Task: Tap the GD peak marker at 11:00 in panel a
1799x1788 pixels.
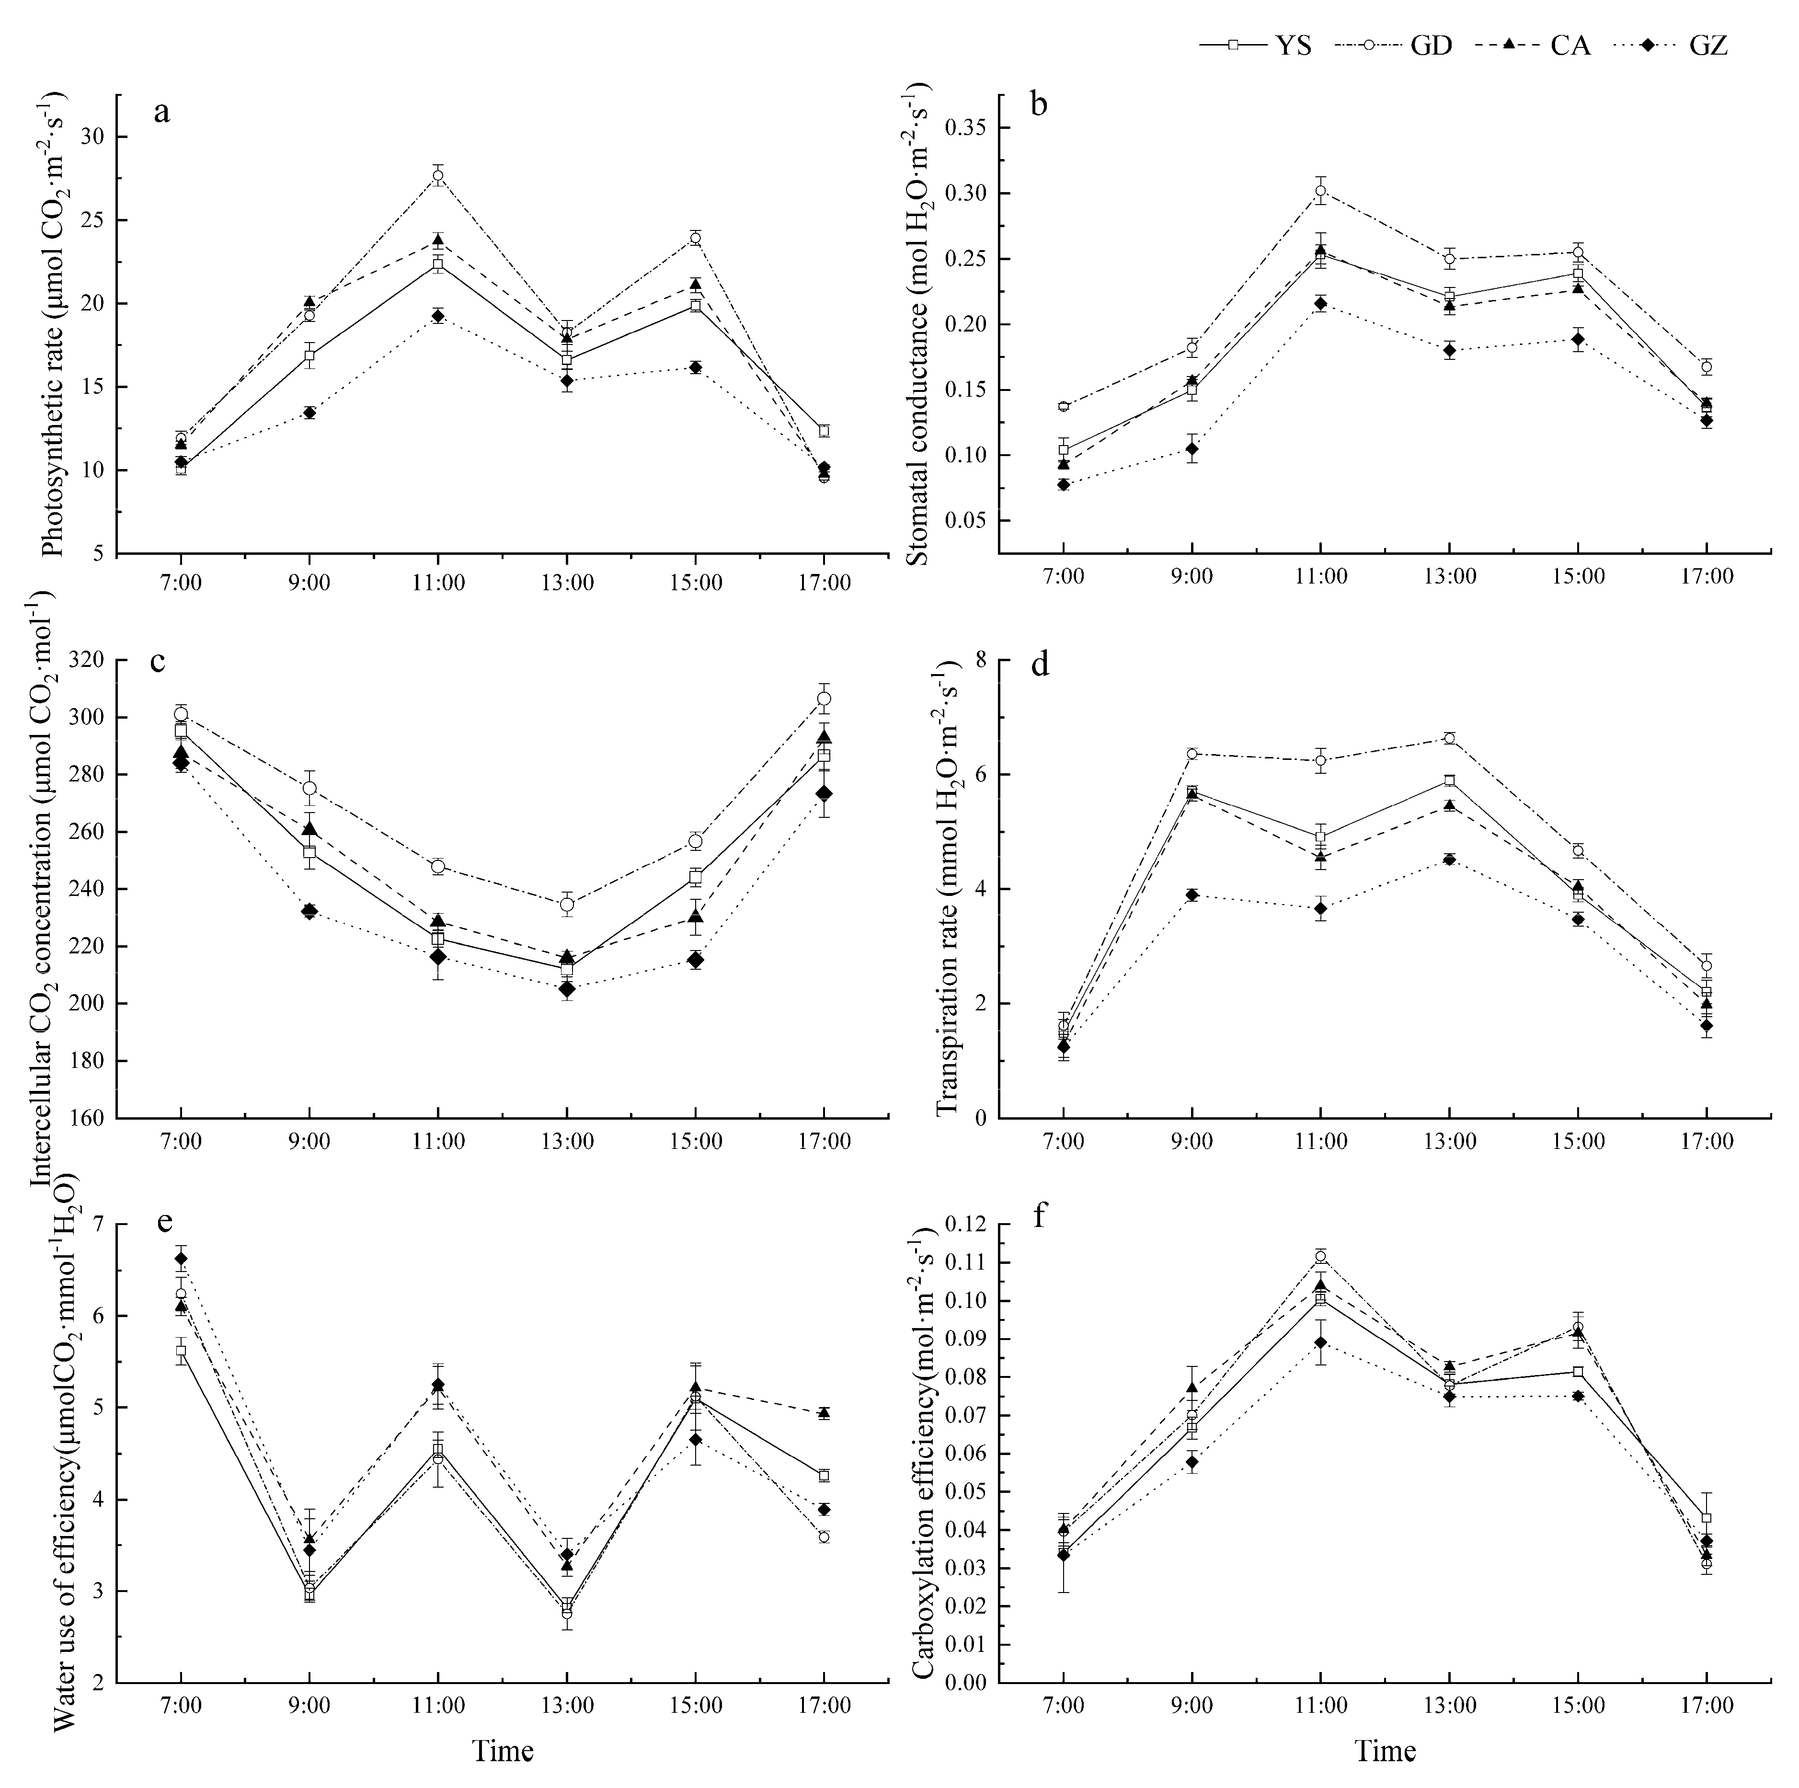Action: click(x=437, y=175)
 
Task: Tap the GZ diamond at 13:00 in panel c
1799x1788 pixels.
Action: click(x=566, y=989)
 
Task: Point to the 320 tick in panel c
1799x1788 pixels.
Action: click(x=89, y=660)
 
